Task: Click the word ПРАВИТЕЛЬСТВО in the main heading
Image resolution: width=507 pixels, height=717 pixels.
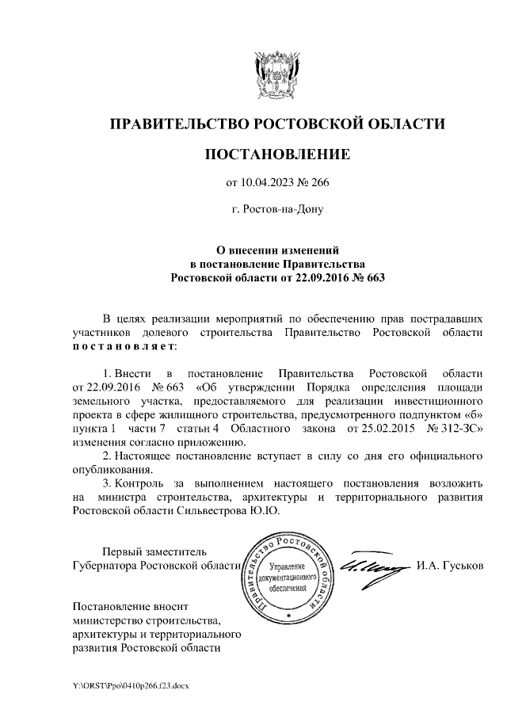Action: pos(177,124)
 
